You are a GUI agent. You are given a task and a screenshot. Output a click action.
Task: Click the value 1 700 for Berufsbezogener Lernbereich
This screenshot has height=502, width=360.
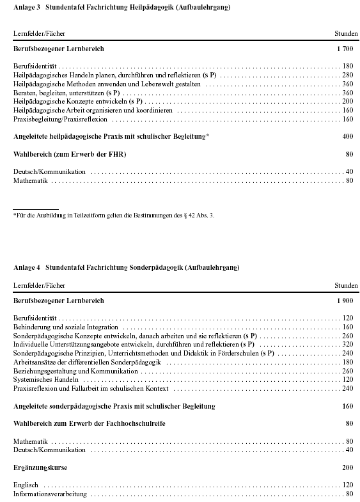click(344, 49)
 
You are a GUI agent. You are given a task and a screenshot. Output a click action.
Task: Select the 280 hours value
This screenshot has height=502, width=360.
click(348, 75)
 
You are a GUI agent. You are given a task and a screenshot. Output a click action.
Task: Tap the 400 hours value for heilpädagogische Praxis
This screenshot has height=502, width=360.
click(347, 136)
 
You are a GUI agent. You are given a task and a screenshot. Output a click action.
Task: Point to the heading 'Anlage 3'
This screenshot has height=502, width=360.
click(26, 7)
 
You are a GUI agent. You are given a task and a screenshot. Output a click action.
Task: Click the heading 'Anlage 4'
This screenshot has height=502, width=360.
click(26, 266)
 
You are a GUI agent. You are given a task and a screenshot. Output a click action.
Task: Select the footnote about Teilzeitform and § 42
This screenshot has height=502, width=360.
click(114, 215)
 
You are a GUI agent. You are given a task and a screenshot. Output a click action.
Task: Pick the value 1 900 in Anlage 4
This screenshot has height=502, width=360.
click(344, 301)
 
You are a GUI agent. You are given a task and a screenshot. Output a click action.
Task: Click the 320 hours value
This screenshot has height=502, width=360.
click(348, 344)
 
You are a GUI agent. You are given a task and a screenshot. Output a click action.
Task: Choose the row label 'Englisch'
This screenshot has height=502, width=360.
click(26, 485)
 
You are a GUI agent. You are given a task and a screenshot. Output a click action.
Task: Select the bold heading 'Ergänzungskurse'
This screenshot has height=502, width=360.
click(40, 468)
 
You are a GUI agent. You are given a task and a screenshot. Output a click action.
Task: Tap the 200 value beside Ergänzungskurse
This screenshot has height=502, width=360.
click(347, 468)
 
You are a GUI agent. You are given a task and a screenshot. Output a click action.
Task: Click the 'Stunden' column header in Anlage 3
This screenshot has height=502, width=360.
click(346, 32)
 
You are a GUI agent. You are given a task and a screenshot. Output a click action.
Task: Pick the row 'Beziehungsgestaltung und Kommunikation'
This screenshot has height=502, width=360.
click(75, 371)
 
